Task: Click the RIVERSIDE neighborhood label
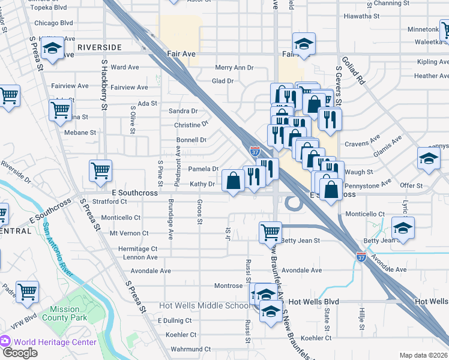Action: [99, 46]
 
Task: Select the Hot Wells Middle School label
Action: [204, 305]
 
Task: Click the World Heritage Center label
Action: [55, 342]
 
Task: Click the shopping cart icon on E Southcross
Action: [100, 170]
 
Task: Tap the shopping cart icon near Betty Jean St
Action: [270, 232]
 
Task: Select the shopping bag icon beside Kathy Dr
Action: [233, 180]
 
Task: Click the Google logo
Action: [20, 353]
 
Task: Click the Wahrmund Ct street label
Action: [175, 349]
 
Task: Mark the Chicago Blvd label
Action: [53, 23]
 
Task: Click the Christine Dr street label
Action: [190, 125]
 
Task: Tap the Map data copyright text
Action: [423, 355]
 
